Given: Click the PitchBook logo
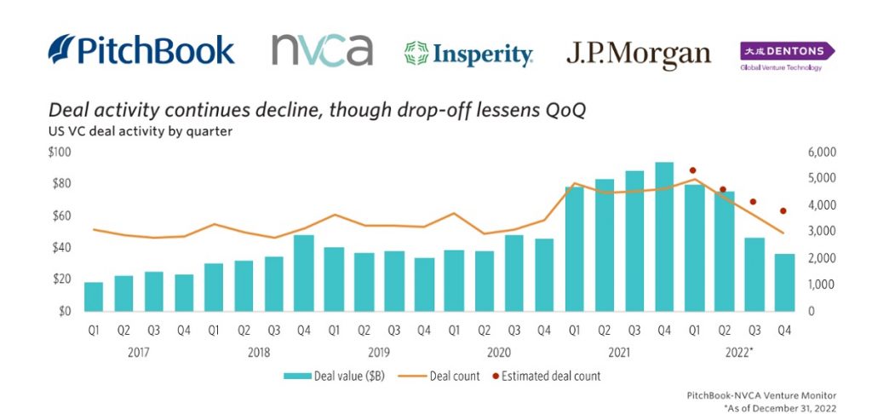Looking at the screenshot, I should point(141,49).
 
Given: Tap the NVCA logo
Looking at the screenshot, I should point(322,49).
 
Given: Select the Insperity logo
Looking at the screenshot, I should point(468,55).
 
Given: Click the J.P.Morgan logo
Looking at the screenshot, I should point(638,55).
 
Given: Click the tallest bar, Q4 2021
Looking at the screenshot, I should point(664,237).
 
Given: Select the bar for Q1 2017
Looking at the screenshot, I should point(94,296).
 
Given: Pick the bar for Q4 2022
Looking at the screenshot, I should point(784,282).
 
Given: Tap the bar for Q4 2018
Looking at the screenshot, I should point(304,273).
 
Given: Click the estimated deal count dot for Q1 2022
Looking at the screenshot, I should point(693,170).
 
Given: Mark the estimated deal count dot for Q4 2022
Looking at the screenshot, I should point(783,211).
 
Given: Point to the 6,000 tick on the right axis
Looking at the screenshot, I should point(822,152).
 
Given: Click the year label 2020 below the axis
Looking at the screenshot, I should point(499,350).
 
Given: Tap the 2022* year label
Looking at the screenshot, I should point(740,350).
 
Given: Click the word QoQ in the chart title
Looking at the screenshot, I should point(564,112).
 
